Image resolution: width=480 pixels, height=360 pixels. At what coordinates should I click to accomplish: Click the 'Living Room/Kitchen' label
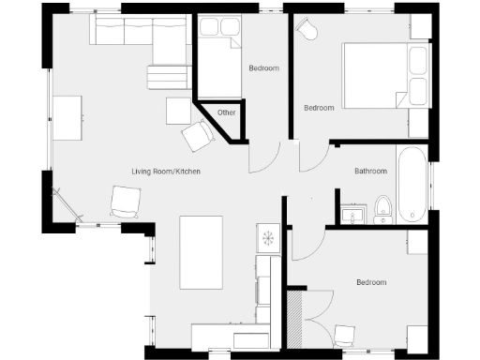point(165,172)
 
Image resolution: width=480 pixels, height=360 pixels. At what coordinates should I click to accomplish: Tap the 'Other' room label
point(226,112)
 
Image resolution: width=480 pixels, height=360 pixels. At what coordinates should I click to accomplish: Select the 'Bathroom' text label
point(370,172)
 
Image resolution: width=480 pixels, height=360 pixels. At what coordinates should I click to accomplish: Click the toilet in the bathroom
point(382,208)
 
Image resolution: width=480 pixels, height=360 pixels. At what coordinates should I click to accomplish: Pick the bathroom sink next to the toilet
point(353,216)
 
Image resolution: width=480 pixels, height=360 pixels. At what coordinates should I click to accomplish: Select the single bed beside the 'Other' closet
point(219,56)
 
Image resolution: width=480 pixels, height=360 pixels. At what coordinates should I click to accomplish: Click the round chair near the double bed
point(307,30)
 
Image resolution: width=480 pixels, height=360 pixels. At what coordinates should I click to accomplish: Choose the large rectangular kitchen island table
point(201,251)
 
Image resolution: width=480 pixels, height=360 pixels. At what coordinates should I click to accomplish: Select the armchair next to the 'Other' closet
point(198,137)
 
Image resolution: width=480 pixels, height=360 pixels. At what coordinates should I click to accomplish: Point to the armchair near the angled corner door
point(126,201)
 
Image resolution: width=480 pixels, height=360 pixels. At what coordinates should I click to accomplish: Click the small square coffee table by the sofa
point(178,111)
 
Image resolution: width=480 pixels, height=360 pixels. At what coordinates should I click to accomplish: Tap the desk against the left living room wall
point(67,117)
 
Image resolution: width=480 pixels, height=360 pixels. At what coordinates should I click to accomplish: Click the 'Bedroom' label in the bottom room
point(370,282)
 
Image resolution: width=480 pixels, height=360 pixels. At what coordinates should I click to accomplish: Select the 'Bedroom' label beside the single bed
point(262,68)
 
